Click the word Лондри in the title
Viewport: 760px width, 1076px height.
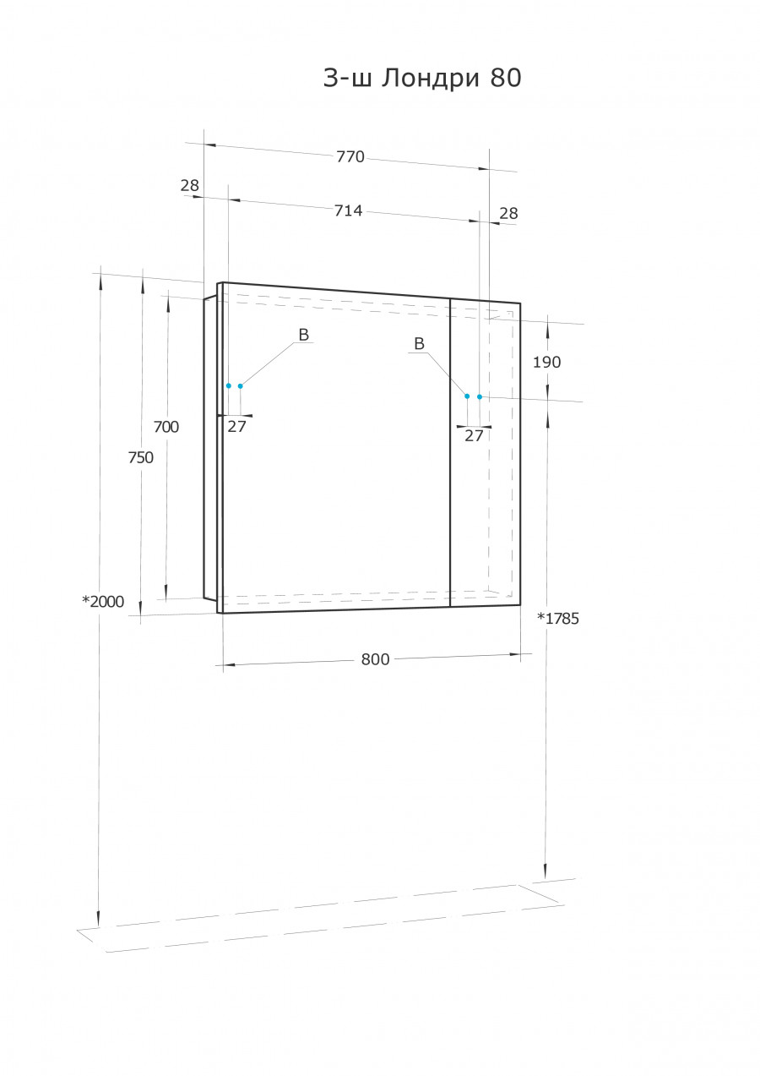[430, 79]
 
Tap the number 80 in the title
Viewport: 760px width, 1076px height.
[506, 79]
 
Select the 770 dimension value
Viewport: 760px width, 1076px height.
[350, 156]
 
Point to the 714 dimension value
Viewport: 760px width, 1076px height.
[348, 210]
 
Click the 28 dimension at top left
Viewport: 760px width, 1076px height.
[189, 185]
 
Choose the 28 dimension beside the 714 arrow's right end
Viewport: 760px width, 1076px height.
[508, 214]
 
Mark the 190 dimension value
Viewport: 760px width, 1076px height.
[546, 363]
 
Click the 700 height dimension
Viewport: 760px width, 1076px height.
[166, 427]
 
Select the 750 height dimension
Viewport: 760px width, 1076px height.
[141, 457]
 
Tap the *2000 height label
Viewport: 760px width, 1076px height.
[103, 602]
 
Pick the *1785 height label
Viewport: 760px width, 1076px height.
[558, 619]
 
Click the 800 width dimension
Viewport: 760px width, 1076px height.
[375, 659]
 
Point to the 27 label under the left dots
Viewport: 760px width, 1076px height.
[236, 427]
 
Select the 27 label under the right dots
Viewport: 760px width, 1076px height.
[475, 436]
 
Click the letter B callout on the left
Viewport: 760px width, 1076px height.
[303, 336]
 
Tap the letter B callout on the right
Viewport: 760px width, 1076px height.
[419, 343]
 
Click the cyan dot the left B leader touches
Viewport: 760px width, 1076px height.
[241, 386]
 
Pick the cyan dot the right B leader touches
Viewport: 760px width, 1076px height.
[467, 396]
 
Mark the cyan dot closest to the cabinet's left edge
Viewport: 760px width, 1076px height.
[228, 385]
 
